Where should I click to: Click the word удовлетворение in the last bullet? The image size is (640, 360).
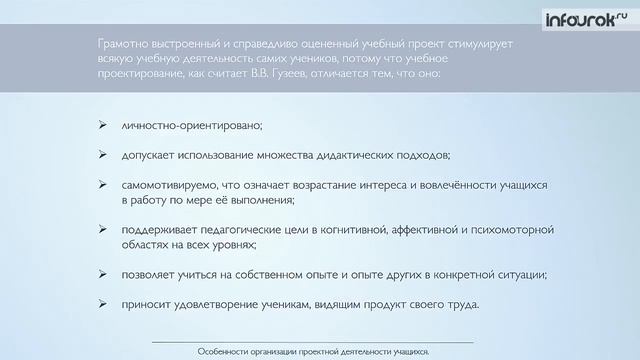pyautogui.click(x=235, y=304)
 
